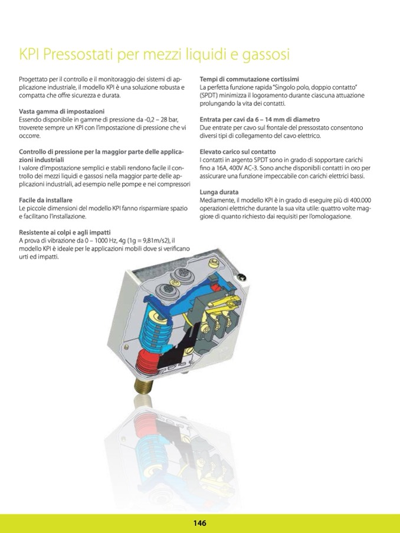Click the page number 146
click(199, 522)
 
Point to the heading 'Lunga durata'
click(219, 192)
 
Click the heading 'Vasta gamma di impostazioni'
click(62, 111)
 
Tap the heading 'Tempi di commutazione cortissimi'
click(249, 78)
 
